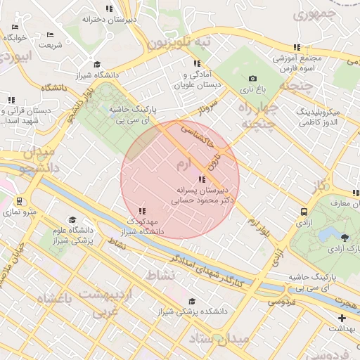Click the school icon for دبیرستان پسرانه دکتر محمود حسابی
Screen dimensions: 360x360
[202, 179]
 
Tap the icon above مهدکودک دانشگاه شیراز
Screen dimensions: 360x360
[143, 210]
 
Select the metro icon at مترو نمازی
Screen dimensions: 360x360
[19, 200]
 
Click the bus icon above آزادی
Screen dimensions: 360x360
[304, 211]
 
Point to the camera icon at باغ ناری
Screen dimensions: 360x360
[252, 79]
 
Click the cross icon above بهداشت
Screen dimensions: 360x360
[342, 319]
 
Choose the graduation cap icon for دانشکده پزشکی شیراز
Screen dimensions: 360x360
[191, 301]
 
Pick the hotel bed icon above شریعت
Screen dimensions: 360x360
[50, 34]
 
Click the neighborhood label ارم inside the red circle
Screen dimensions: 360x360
[182, 165]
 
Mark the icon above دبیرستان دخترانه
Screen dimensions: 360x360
[109, 8]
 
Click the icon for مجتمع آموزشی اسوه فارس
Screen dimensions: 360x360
[297, 47]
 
